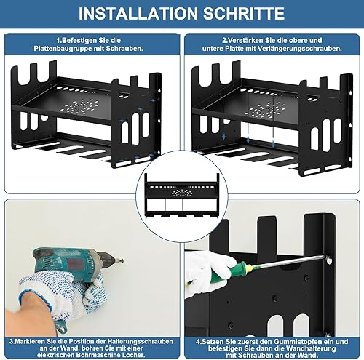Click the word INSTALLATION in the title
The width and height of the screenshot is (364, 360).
pos(138,14)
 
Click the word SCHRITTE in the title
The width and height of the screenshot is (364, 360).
pos(244,14)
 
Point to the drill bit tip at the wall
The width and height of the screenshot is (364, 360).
pos(122,261)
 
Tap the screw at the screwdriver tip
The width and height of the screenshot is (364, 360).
pos(329,260)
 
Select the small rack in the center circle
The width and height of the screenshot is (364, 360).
pos(182,195)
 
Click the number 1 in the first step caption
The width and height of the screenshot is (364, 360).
pos(58,40)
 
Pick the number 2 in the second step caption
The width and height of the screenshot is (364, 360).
pos(224,40)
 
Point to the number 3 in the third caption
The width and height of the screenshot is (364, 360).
pos(12,341)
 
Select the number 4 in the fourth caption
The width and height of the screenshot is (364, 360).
pos(198,342)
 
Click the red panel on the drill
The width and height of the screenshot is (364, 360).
pos(75,264)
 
